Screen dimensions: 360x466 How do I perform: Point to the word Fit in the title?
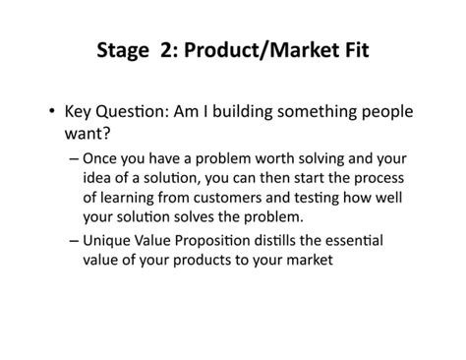pos(355,49)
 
